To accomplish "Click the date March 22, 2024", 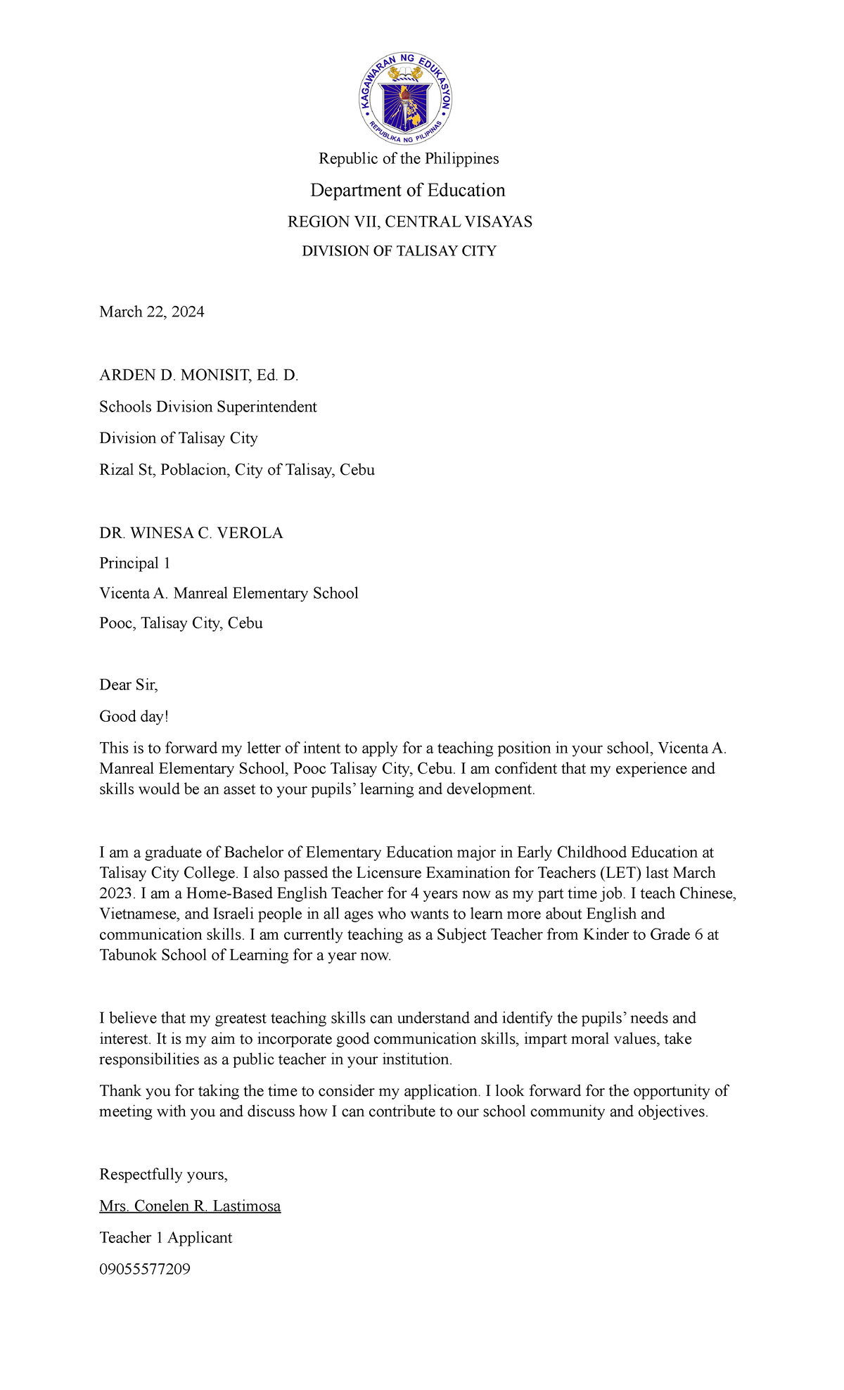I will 151,312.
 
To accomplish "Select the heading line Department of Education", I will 408,190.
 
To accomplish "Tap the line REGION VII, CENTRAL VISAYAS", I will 409,222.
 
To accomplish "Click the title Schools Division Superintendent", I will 207,407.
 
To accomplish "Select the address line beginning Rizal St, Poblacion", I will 236,469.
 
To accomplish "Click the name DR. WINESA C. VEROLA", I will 191,533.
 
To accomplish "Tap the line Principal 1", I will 134,563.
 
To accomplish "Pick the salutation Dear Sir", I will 128,684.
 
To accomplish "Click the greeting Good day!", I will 134,716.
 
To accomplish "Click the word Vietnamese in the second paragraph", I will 138,914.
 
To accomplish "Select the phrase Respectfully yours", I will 163,1174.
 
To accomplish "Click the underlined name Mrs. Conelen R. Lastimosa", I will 190,1206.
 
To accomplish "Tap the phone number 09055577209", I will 144,1269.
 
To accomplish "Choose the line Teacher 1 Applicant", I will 165,1237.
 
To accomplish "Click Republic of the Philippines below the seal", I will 409,158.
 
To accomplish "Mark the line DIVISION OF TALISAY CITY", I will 399,251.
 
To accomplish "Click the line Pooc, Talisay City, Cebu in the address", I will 181,623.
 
